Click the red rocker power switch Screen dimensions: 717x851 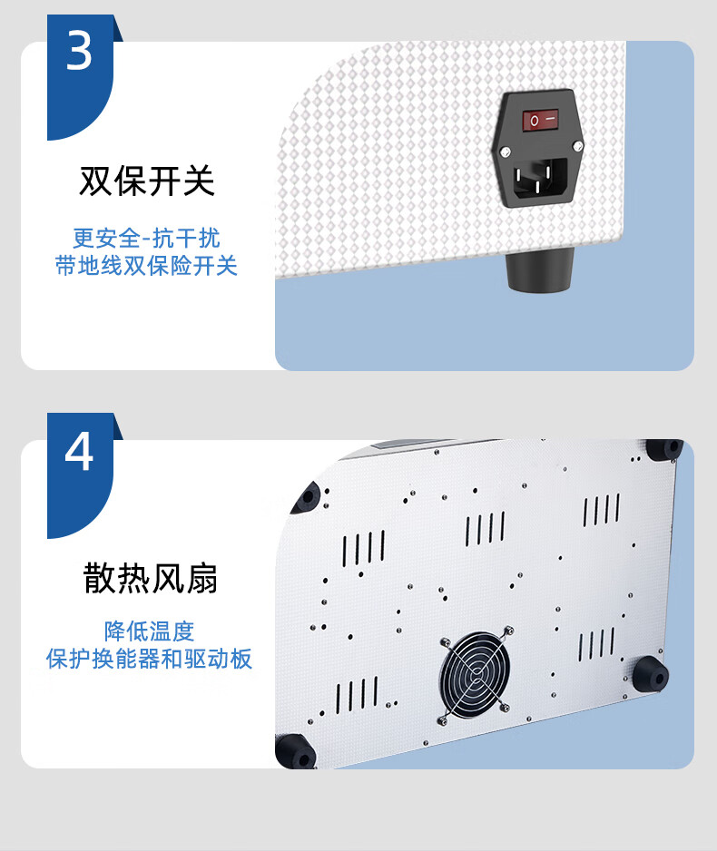point(540,120)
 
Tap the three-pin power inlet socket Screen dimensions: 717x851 point(539,179)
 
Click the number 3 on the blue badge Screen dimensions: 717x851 point(79,51)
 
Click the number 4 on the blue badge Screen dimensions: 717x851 point(79,452)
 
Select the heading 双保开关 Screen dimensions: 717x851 point(147,181)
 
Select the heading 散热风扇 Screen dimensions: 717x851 point(151,578)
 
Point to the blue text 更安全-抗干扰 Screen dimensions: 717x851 point(146,239)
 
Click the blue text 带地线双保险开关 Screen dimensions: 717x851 point(146,266)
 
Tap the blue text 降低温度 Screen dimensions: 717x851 point(149,631)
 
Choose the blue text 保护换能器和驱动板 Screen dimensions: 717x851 point(149,659)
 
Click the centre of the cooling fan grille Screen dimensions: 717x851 point(476,673)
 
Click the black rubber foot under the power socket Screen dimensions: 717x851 point(540,269)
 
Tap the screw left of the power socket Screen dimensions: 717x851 point(505,152)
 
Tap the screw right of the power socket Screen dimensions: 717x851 point(578,145)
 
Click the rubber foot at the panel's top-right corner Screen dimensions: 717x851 point(664,449)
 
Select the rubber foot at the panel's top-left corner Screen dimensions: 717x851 point(307,497)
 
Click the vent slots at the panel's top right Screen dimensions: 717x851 point(601,510)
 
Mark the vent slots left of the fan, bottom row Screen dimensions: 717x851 point(358,694)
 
